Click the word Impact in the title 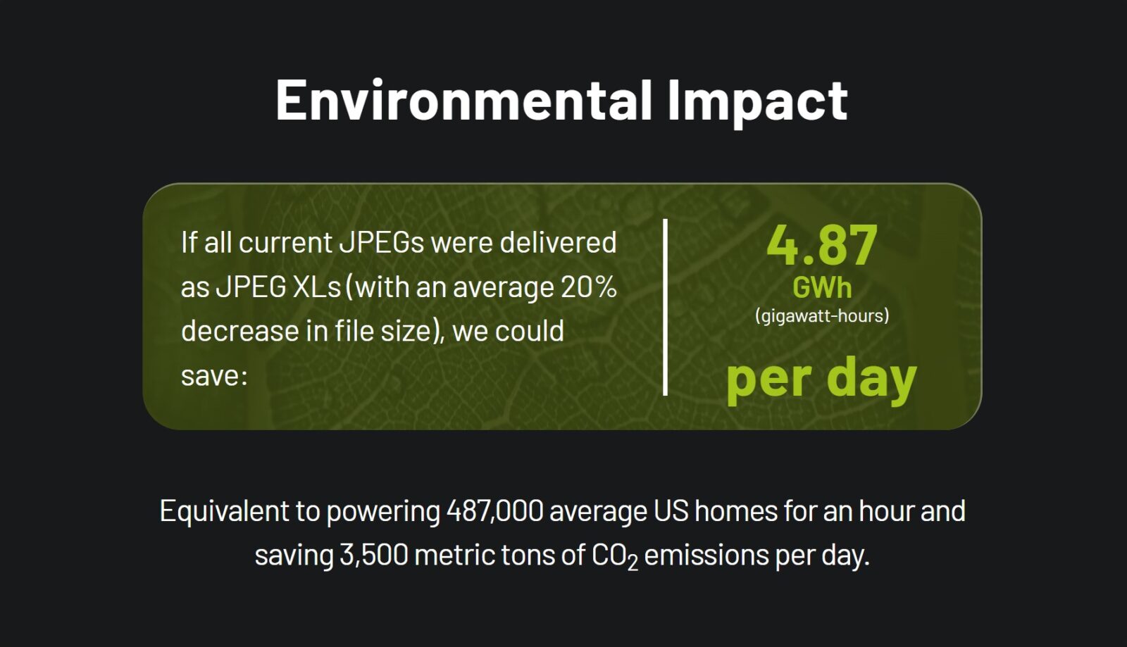(758, 103)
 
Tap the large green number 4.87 (822, 245)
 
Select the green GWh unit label (822, 288)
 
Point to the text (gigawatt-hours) (822, 316)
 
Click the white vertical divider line (665, 307)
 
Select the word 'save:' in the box (214, 376)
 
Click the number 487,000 (495, 511)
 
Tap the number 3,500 (374, 555)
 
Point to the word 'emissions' (706, 555)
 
